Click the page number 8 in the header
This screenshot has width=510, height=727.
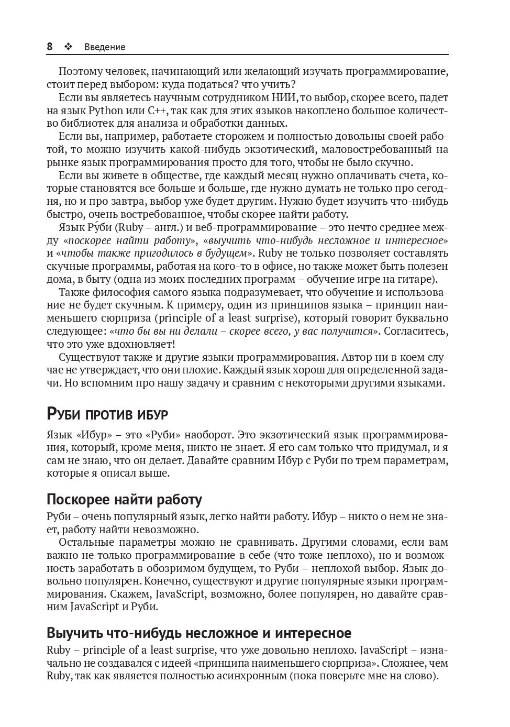click(50, 47)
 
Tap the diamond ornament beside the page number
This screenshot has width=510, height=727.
click(68, 47)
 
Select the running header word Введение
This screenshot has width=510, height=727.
click(105, 47)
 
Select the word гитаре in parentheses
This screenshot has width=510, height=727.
click(417, 279)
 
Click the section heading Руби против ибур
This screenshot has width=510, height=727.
click(107, 414)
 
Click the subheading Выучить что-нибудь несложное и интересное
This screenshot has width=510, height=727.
click(199, 633)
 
